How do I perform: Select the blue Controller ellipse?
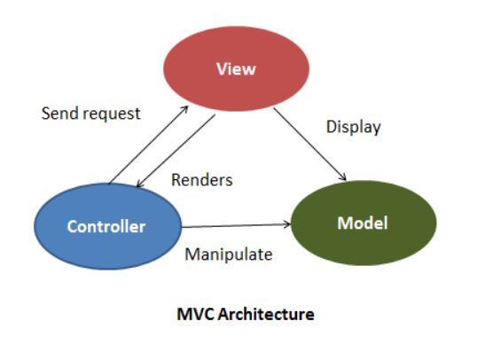(106, 226)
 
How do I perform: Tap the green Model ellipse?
(364, 223)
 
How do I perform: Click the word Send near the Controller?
(58, 115)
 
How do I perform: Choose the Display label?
(353, 127)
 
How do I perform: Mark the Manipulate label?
(228, 254)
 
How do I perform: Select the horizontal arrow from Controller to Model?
(235, 225)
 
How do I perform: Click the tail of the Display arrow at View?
(275, 110)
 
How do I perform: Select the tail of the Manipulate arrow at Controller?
(184, 226)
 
